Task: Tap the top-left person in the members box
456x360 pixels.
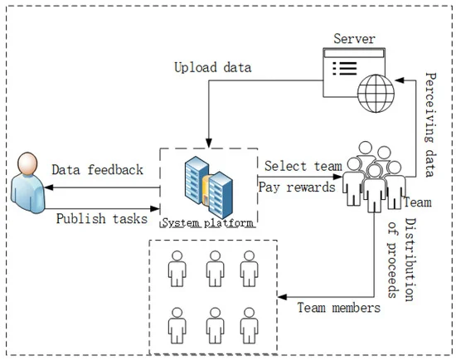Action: click(176, 267)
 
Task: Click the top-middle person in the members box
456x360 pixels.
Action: click(212, 267)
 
